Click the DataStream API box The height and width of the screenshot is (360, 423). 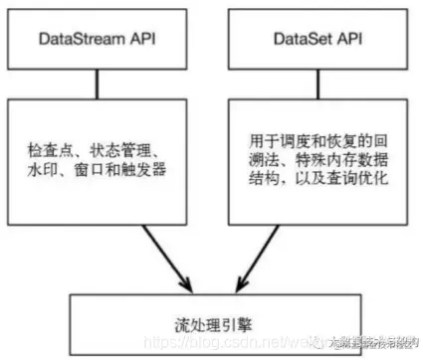point(97,40)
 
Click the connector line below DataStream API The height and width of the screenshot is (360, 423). point(97,84)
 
